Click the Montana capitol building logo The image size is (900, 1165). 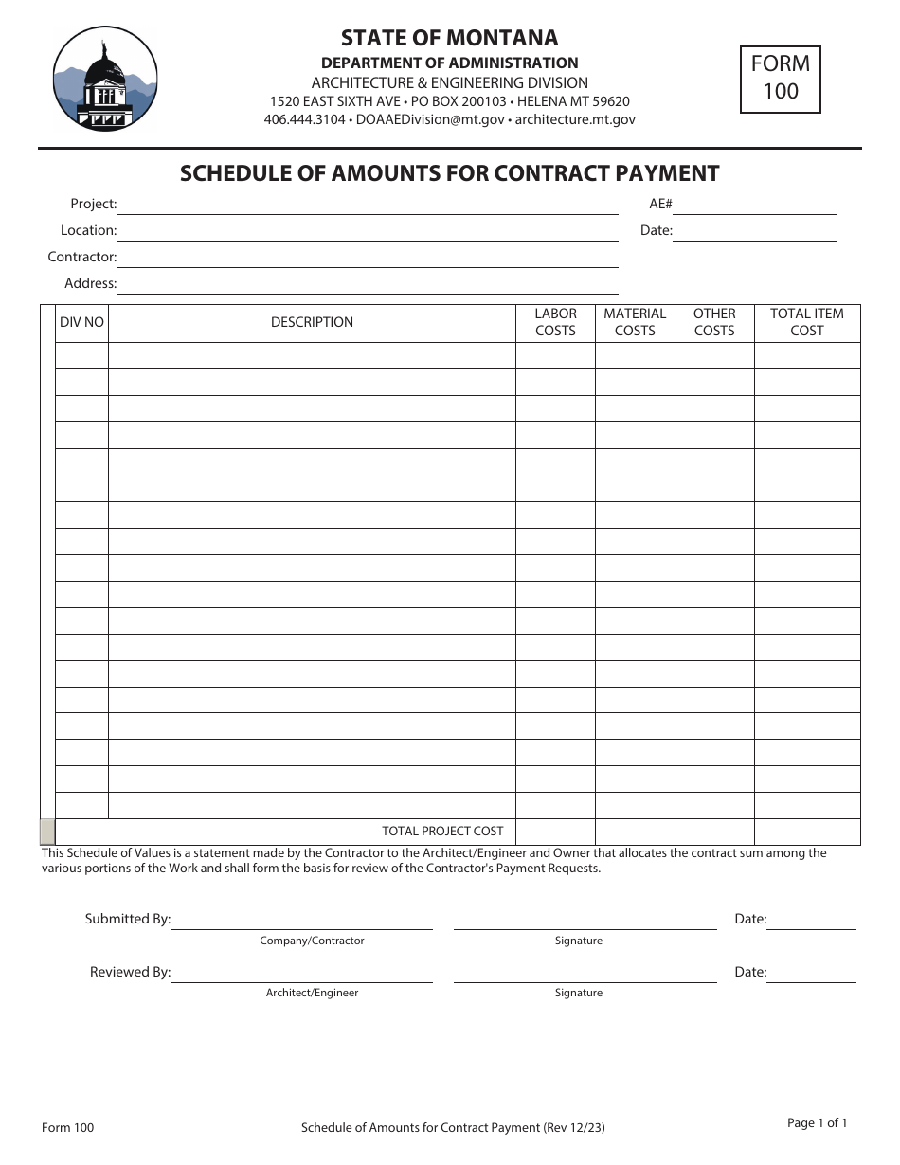coord(105,79)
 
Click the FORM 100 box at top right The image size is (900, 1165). coord(780,79)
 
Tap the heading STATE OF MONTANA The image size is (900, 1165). coord(449,38)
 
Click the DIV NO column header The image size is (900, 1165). coord(81,322)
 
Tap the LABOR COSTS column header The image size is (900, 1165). coord(555,322)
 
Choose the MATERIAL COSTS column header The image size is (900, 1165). coord(635,322)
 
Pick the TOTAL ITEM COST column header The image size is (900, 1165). coord(807,322)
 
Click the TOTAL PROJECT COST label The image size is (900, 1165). coord(442,831)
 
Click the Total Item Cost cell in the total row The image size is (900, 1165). coord(807,832)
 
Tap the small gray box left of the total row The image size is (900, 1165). coord(47,832)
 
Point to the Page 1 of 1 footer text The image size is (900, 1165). coord(817,1123)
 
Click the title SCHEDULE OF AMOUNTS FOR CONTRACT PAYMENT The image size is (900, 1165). coord(449,173)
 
